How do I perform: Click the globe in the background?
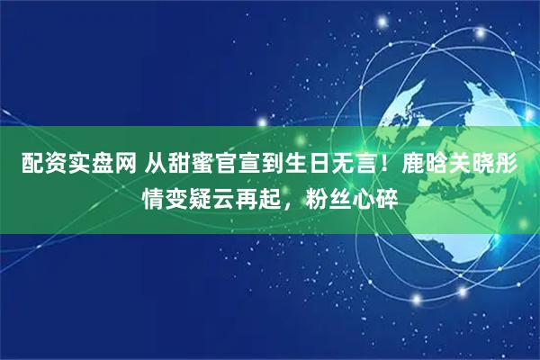[432, 99]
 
